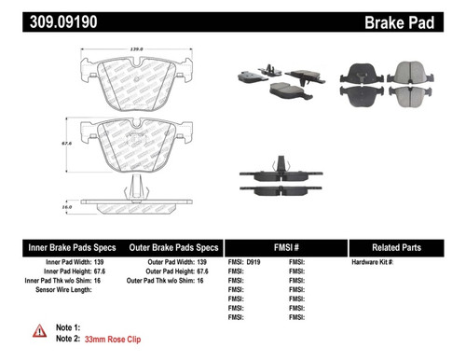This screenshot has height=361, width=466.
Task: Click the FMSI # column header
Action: click(x=285, y=247)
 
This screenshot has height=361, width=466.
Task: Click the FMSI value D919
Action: click(x=254, y=264)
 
